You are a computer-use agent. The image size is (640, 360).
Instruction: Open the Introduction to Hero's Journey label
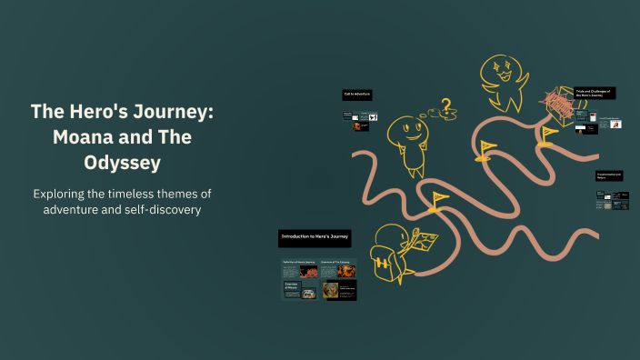tap(315, 237)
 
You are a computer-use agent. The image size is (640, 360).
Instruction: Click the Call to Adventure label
tap(356, 95)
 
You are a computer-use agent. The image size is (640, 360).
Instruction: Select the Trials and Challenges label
tap(595, 93)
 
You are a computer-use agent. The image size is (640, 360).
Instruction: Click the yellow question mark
tap(446, 106)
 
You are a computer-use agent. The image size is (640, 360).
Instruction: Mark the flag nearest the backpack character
tap(441, 199)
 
